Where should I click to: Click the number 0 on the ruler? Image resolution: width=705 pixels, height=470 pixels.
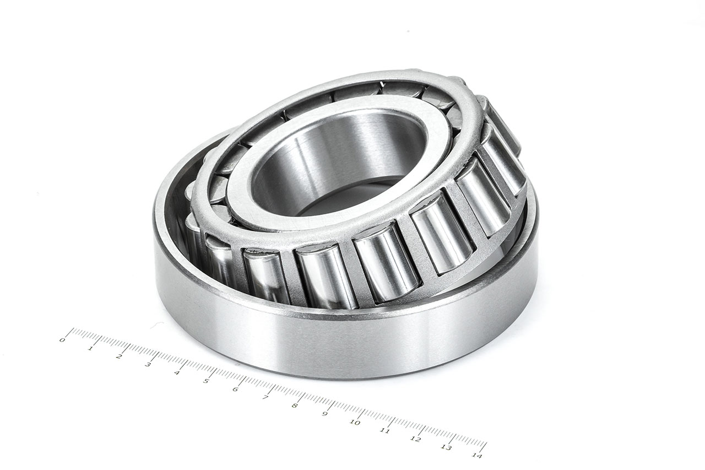(62, 340)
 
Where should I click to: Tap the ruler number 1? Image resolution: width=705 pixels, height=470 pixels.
(90, 348)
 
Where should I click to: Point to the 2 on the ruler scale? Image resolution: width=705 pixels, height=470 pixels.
(119, 356)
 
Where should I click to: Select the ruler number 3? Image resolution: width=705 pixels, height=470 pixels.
(148, 365)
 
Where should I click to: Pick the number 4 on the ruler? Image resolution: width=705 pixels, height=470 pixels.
(177, 373)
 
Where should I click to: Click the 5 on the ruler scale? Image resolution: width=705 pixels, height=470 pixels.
(206, 381)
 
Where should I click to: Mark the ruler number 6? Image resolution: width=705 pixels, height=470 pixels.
(236, 390)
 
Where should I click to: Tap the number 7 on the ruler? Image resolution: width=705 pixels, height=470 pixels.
(265, 398)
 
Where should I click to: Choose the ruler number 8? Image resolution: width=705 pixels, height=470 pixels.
(295, 406)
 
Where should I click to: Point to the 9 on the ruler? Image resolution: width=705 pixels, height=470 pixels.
(325, 414)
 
